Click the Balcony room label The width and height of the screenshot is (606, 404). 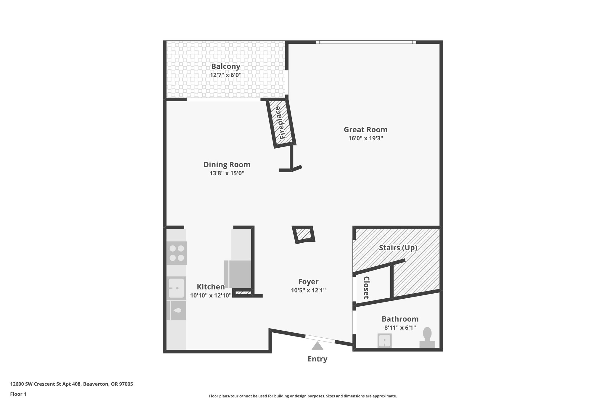(225, 66)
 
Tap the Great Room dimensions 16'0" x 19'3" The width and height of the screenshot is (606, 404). (366, 138)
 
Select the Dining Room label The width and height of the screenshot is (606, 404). (227, 165)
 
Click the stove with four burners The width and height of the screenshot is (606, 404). (177, 253)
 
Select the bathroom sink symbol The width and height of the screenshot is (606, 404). (384, 340)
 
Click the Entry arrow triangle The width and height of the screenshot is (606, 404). (317, 346)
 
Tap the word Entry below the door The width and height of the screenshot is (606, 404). (317, 359)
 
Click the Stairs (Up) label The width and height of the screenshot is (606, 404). (398, 248)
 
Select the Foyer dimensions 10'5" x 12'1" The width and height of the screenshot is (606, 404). (308, 290)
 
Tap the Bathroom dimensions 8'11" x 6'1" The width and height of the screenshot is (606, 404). (400, 328)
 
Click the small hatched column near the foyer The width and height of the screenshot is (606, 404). (303, 235)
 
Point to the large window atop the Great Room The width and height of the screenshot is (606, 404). (366, 42)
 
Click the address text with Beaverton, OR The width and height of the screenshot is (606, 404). (72, 384)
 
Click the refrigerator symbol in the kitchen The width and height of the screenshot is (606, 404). (238, 274)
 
